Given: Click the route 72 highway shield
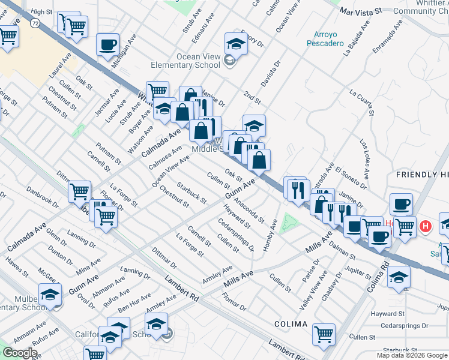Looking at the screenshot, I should (x=37, y=23).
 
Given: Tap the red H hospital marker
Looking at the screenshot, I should (x=426, y=226).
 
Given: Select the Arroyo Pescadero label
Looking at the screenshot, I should (x=325, y=39).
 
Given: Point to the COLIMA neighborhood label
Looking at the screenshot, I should (x=291, y=324).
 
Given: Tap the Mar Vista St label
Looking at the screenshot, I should (x=361, y=11).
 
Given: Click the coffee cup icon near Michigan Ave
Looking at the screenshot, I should (x=107, y=44).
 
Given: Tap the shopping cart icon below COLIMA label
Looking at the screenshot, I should (x=324, y=334).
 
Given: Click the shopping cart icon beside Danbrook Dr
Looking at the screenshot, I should (x=79, y=191).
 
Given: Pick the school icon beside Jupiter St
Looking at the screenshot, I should (x=399, y=278).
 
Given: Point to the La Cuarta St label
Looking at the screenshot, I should (x=361, y=103).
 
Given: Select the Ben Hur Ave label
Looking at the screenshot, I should (x=134, y=303).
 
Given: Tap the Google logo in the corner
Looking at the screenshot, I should (x=20, y=353).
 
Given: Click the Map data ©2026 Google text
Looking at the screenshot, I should (x=412, y=355).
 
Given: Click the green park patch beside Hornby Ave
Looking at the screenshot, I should (x=290, y=222).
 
